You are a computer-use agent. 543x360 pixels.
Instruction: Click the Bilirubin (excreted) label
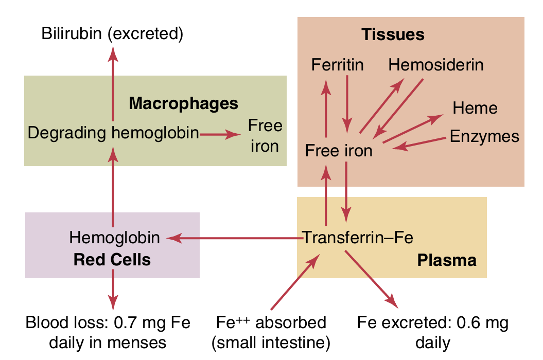coord(113,34)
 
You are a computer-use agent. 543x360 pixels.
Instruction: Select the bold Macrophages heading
coord(183,103)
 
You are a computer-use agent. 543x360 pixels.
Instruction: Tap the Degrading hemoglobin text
coord(113,133)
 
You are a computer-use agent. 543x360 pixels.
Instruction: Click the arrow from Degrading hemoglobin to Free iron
coord(220,134)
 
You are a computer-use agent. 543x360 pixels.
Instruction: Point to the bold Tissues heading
coord(393,34)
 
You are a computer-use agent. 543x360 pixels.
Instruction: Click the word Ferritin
coord(337,65)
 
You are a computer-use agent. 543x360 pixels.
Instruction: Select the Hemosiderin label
coord(436,65)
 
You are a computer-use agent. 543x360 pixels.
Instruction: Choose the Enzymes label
coord(484,136)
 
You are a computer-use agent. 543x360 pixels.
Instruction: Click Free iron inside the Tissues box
coord(338,151)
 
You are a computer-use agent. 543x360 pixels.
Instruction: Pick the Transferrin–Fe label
coord(358,238)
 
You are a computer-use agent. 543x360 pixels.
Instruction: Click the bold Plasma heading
coord(446,260)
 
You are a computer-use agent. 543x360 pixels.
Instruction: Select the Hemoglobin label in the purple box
coord(114,238)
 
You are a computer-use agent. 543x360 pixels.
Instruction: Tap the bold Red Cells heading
coord(112,259)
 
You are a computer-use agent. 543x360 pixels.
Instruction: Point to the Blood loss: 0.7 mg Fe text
coord(108,323)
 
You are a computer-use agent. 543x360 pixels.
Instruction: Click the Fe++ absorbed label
coord(271,323)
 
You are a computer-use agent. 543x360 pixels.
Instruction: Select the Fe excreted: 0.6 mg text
coord(433,323)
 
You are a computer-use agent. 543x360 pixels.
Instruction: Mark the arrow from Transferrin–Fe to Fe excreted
coord(371,278)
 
